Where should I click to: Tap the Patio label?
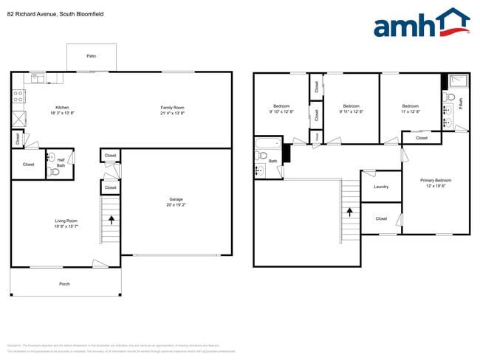[x=91, y=55]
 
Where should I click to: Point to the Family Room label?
[x=172, y=108]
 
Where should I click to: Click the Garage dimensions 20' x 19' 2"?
[x=176, y=204]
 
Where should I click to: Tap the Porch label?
[x=65, y=284]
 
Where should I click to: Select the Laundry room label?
[x=381, y=187]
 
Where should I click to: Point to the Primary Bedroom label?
[x=435, y=181]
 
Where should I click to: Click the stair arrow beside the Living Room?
[x=111, y=219]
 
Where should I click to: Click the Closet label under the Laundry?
[x=381, y=218]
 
